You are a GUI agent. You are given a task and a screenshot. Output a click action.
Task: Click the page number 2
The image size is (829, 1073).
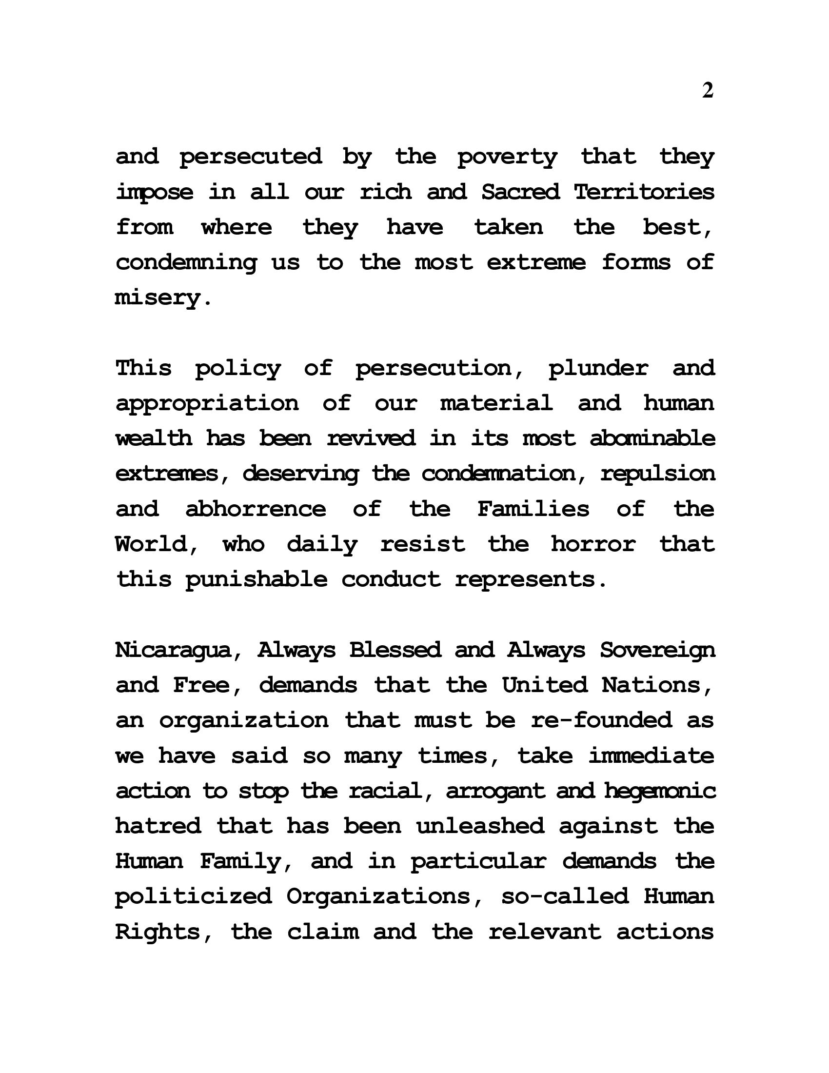(x=707, y=90)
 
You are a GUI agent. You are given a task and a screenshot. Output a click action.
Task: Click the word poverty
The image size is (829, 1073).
(x=507, y=157)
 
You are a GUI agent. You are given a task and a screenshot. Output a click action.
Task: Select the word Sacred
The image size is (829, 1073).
(x=520, y=192)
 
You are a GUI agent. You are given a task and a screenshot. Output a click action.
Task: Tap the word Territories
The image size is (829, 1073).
(x=644, y=192)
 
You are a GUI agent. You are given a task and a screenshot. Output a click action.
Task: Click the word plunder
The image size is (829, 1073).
(x=598, y=368)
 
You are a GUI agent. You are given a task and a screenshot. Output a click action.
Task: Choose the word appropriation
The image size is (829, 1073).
(x=207, y=404)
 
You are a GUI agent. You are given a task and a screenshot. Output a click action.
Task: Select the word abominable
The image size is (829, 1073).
(x=652, y=438)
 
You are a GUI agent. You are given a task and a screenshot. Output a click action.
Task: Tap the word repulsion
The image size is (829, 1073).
(x=658, y=474)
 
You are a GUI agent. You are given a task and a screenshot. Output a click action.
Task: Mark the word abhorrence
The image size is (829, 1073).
(x=256, y=509)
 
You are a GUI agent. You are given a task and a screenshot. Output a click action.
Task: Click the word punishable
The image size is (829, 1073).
(x=256, y=580)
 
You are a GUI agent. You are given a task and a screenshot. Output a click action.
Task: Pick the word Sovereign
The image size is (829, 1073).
(x=657, y=651)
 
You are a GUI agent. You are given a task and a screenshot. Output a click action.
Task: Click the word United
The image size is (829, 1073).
(x=545, y=685)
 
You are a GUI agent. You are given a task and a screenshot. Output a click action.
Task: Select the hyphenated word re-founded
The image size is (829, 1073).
(x=601, y=721)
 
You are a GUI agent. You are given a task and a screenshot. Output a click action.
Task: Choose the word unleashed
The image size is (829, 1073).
(x=480, y=826)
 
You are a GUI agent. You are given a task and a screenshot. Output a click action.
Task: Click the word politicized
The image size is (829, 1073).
(x=193, y=897)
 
